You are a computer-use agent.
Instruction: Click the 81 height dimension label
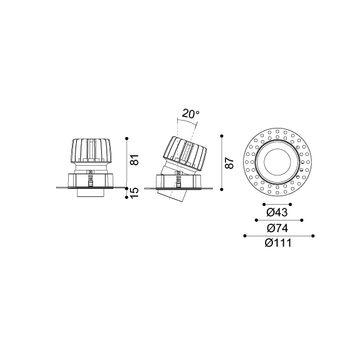(135, 160)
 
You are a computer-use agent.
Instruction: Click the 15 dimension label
(135, 193)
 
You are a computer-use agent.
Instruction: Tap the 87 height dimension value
(230, 163)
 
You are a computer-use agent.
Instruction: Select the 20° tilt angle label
(191, 114)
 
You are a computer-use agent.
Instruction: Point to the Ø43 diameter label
(277, 213)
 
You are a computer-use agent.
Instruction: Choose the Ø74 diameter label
(277, 228)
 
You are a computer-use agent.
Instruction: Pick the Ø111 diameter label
(278, 243)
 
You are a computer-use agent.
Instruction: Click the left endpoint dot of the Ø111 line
(245, 236)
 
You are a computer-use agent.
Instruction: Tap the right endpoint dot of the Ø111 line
(313, 236)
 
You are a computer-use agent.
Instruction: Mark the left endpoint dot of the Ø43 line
(264, 204)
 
